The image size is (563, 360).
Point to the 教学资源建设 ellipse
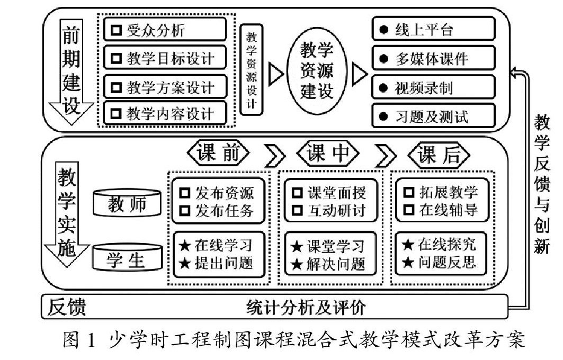[317, 71]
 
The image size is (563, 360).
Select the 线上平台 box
[433, 30]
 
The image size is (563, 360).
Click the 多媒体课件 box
[433, 58]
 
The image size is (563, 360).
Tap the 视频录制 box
[433, 87]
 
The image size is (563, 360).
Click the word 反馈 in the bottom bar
[67, 307]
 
